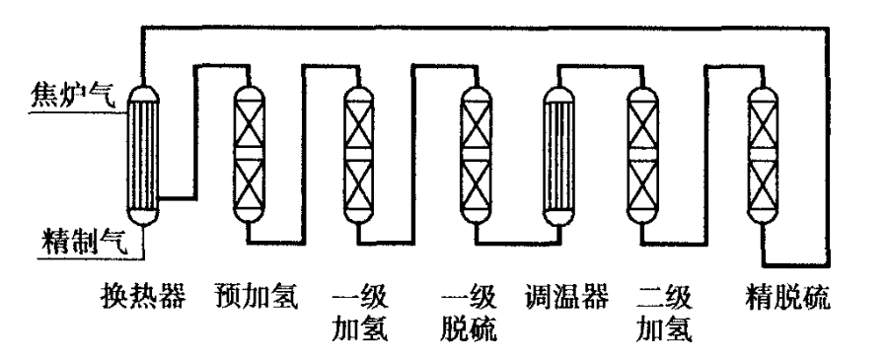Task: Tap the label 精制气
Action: pos(75,240)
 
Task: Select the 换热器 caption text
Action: pos(143,295)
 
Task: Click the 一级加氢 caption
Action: pos(358,314)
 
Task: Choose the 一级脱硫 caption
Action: pos(468,314)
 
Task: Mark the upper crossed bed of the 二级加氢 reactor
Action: pos(645,123)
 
